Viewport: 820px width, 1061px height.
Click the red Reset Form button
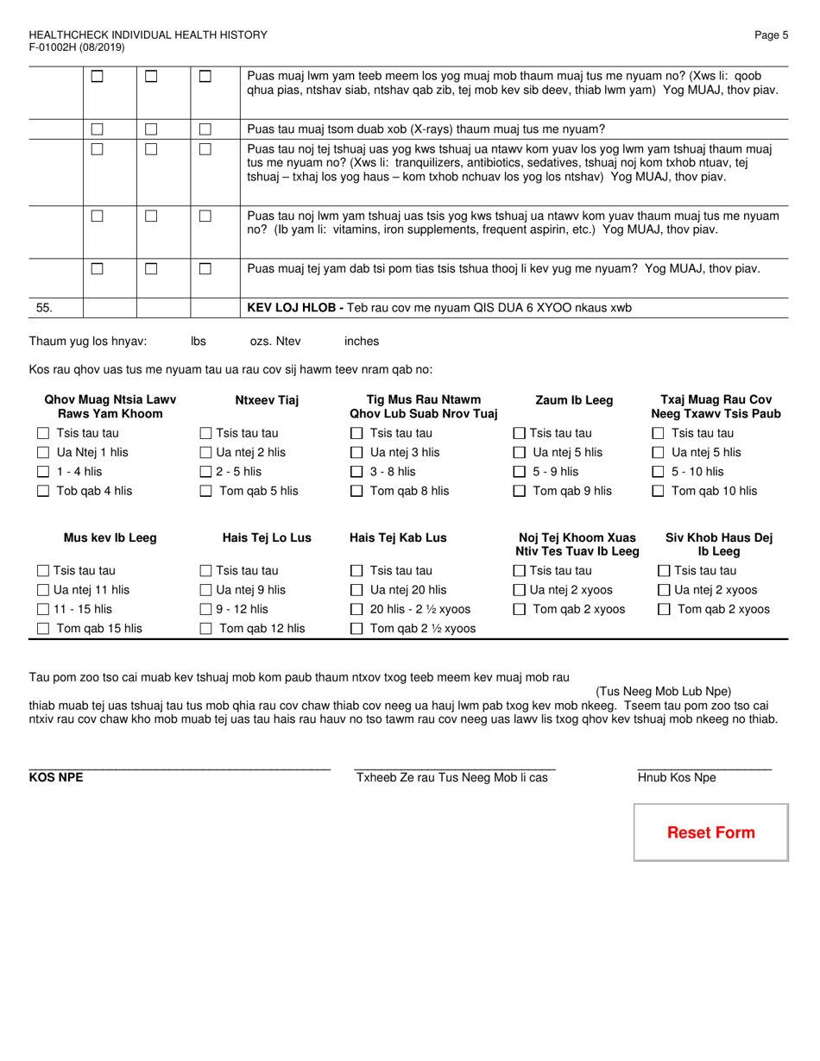pos(710,832)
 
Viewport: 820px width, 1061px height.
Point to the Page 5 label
pos(771,35)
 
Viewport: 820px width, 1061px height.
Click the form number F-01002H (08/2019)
pos(76,47)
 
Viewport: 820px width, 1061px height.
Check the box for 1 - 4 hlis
pos(43,472)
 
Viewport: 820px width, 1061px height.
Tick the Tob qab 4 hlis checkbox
pos(43,492)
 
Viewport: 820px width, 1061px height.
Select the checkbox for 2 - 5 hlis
pos(205,472)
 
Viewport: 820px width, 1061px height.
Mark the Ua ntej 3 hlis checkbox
pos(356,453)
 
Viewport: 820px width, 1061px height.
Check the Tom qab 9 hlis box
pos(520,492)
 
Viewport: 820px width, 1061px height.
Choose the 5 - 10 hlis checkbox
pos(658,472)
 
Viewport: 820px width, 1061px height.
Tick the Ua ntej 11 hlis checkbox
pos(43,590)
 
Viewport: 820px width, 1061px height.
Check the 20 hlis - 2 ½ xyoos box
pos(356,610)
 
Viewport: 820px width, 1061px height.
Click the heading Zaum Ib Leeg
pos(574,400)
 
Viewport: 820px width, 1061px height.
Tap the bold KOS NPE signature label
pos(56,777)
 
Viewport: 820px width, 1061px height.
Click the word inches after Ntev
pos(361,341)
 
